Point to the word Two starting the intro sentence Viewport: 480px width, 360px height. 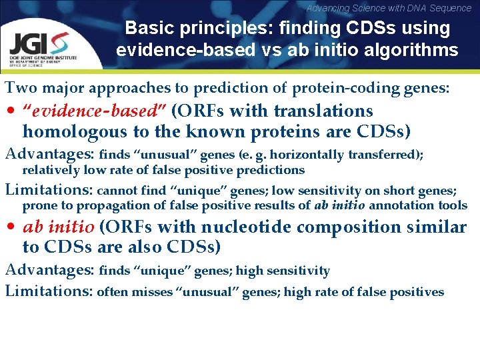coord(19,88)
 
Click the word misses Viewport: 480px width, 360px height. coord(151,291)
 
